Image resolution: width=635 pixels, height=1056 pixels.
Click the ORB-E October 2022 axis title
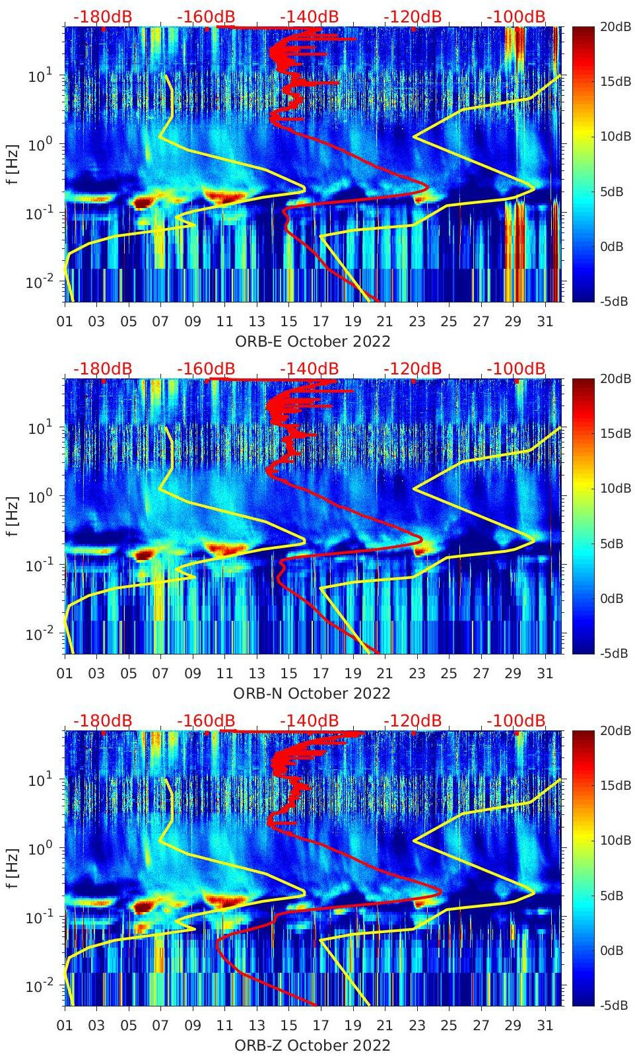click(312, 341)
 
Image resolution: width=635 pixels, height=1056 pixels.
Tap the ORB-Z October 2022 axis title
click(312, 1045)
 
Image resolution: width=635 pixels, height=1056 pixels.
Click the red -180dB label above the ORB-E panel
click(102, 17)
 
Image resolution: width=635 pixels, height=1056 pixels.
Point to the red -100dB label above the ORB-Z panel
click(516, 721)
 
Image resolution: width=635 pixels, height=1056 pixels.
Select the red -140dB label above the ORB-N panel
click(309, 369)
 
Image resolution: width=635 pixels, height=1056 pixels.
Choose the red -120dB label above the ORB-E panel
click(413, 17)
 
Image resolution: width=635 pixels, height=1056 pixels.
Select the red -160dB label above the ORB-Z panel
click(206, 721)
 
